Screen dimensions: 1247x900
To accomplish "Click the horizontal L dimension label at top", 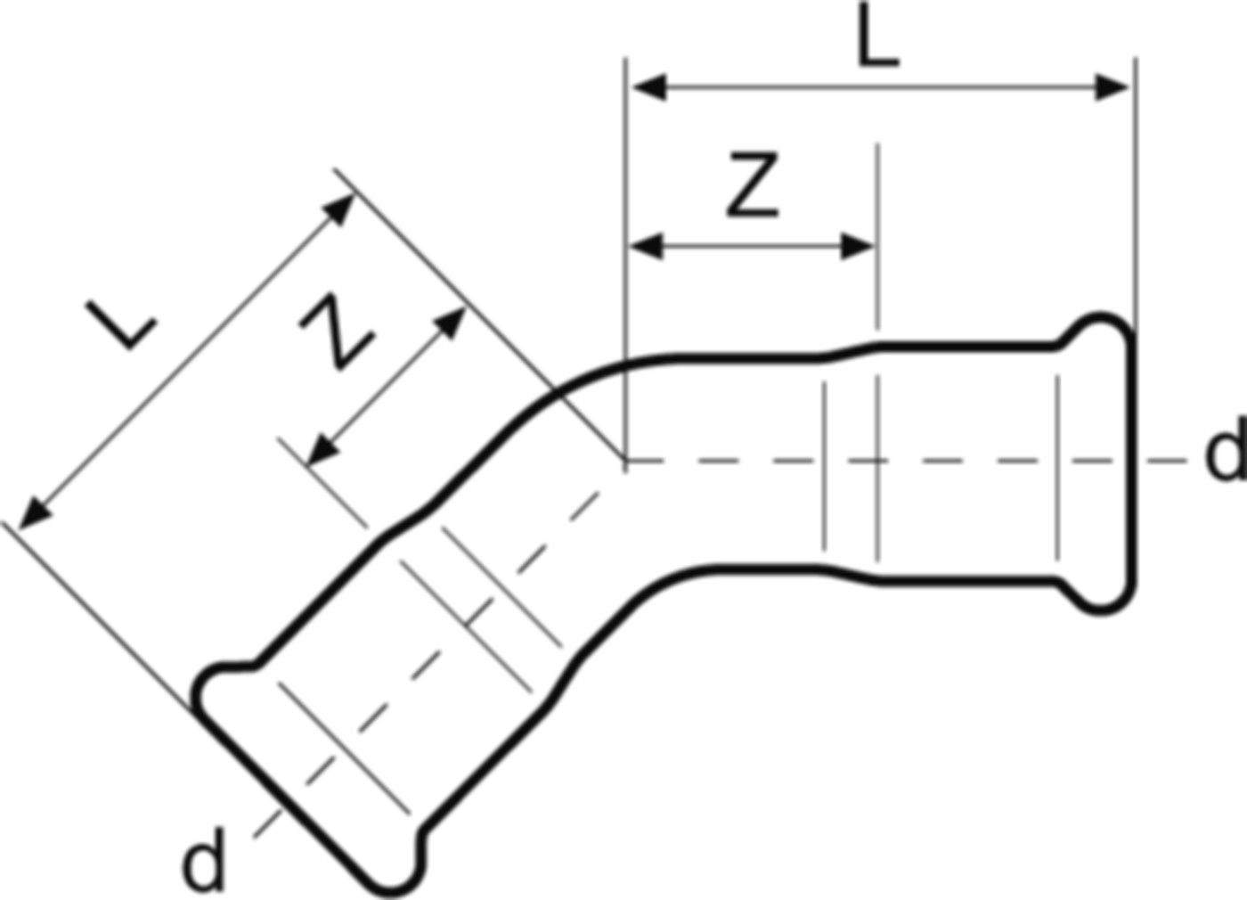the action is click(x=878, y=36).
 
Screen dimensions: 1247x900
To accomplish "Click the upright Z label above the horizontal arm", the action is click(x=752, y=184).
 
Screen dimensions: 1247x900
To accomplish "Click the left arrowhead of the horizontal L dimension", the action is click(x=650, y=87).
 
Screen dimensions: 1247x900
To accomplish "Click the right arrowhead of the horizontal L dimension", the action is click(x=1112, y=87).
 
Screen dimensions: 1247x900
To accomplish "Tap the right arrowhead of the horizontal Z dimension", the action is click(x=856, y=246).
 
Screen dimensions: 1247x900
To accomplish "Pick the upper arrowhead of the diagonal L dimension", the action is click(x=339, y=209).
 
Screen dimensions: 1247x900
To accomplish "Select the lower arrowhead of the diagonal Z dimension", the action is click(x=322, y=451).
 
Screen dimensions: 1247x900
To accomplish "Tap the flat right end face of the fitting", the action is click(x=1133, y=462).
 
